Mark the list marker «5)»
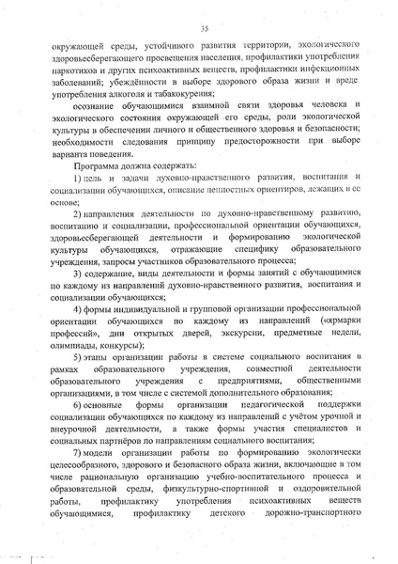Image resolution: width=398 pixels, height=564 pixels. pyautogui.click(x=81, y=360)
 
